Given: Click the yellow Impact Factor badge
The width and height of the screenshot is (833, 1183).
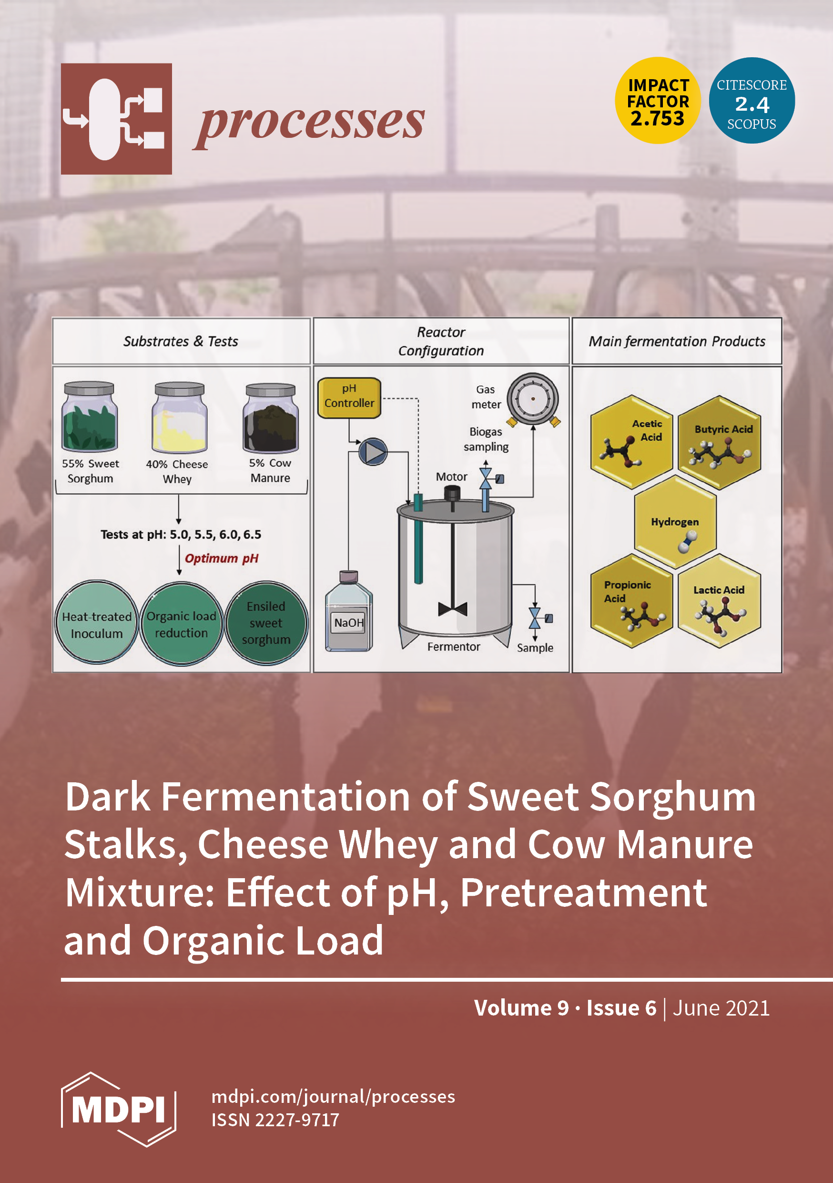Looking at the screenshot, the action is click(658, 101).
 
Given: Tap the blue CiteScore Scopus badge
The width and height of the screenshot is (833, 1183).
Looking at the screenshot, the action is click(751, 101).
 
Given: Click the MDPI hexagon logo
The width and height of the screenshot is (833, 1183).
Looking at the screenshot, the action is click(118, 1109).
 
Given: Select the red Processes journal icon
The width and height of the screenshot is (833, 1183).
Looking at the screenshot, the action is click(116, 119).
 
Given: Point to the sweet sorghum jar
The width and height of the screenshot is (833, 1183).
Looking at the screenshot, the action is click(90, 417).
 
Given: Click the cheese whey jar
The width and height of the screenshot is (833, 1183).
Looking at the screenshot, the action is click(180, 418).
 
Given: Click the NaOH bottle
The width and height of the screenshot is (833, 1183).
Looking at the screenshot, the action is click(348, 612).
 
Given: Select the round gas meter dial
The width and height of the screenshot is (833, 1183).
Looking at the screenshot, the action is click(533, 399).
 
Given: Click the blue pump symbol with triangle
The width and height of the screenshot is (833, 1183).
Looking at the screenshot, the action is click(373, 452).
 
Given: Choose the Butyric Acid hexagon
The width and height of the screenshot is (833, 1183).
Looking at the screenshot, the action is click(719, 442).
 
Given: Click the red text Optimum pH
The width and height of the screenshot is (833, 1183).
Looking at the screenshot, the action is click(222, 559).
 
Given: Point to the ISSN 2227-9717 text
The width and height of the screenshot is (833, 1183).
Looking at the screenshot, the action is click(275, 1120).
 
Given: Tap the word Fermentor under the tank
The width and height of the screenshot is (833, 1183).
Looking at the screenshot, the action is click(454, 647).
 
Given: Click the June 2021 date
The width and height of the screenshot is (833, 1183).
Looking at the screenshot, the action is click(721, 1008).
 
